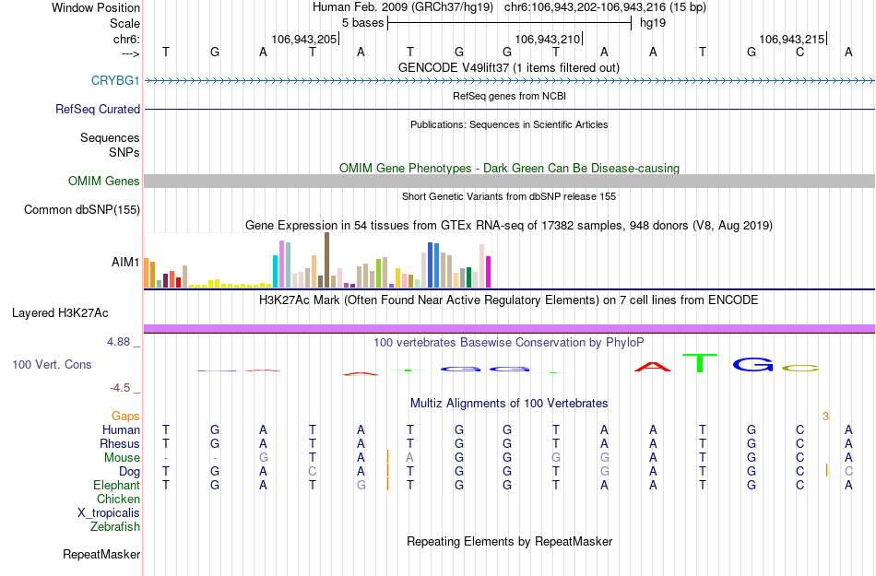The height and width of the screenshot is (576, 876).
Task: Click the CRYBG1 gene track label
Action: [115, 80]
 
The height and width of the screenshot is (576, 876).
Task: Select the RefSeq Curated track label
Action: [98, 109]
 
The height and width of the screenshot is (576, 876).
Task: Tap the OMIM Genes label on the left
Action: [104, 182]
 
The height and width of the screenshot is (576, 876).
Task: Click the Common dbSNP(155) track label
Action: [82, 210]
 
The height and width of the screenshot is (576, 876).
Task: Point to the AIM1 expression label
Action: [125, 262]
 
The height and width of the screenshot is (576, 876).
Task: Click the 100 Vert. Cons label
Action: [52, 365]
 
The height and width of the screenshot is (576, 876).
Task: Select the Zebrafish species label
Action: [115, 527]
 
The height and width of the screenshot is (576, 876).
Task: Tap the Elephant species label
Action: [116, 486]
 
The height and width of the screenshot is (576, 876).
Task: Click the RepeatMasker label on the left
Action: [101, 555]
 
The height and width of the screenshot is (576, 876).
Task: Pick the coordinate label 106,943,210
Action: [548, 40]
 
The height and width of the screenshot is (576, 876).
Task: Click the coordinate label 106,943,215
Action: [791, 40]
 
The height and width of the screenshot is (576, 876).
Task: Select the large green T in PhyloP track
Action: [702, 363]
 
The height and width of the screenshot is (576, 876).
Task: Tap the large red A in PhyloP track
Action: [653, 367]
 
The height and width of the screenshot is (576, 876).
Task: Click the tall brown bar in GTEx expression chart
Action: [326, 260]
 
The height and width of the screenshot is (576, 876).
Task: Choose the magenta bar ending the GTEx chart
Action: [489, 271]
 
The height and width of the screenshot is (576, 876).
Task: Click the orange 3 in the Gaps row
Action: [825, 417]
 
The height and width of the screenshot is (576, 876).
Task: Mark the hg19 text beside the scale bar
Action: [653, 22]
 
